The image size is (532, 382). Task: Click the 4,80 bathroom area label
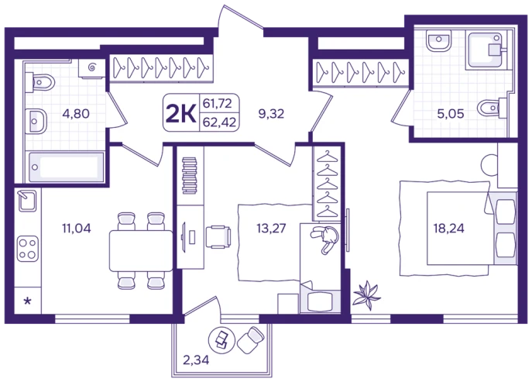(x=76, y=113)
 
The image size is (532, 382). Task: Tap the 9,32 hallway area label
(x=271, y=113)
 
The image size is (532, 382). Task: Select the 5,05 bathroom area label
(x=451, y=113)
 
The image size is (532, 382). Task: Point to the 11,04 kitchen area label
(x=77, y=228)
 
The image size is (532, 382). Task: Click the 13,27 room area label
(x=271, y=228)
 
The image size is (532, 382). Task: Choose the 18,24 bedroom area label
(x=448, y=228)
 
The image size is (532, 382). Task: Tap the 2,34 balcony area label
(x=196, y=360)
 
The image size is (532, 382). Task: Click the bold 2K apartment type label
(x=181, y=113)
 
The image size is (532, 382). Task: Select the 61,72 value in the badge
(x=217, y=103)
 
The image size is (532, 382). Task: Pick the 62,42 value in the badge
(x=219, y=122)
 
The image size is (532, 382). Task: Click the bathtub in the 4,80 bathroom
(x=66, y=167)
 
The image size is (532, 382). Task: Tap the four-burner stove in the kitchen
(x=28, y=249)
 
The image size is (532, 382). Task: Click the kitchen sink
(x=27, y=201)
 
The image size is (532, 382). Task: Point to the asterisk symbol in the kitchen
(x=28, y=301)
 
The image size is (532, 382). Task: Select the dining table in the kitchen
(x=141, y=250)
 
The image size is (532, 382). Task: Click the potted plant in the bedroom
(x=366, y=294)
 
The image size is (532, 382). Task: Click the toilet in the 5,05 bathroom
(x=492, y=108)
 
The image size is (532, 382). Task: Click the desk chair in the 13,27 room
(x=218, y=236)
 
